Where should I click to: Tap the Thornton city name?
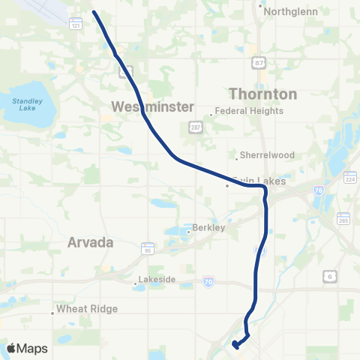(x=262, y=94)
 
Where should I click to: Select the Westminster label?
(x=153, y=106)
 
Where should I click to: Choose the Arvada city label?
(x=90, y=243)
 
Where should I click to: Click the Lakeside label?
(x=157, y=280)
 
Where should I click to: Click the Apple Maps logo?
(x=27, y=348)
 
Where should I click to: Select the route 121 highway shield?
(x=75, y=25)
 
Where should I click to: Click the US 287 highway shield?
(x=194, y=128)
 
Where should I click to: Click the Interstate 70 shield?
(x=208, y=281)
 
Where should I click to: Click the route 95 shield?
(x=148, y=247)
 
